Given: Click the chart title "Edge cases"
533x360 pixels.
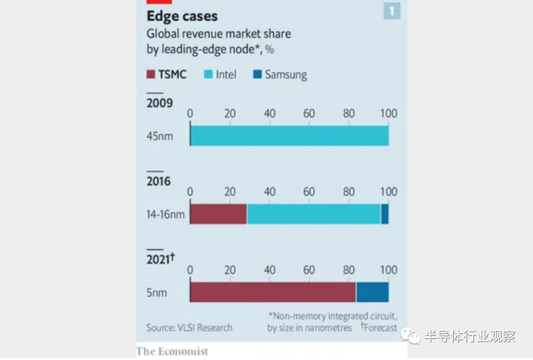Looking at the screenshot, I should (182, 16).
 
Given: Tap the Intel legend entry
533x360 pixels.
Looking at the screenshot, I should (220, 74).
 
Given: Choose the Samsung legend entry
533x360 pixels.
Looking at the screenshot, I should (279, 75).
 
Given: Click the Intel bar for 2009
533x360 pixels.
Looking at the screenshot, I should (289, 136).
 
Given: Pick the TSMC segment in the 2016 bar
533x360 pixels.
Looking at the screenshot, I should (218, 214).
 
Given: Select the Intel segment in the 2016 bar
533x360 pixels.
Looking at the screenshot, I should (313, 214).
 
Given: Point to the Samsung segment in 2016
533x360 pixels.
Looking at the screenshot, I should (384, 214).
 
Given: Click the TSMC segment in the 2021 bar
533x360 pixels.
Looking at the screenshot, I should (273, 292).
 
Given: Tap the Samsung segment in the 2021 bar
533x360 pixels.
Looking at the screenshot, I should (372, 292).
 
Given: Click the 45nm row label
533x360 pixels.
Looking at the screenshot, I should (160, 136).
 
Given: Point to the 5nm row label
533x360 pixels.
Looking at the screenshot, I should (156, 293).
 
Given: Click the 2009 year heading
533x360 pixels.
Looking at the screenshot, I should (159, 103).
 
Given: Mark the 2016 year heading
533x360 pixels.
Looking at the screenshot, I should (158, 181).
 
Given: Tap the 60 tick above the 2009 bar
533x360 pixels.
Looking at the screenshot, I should (309, 113).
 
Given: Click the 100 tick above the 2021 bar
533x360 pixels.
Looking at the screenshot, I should (388, 270).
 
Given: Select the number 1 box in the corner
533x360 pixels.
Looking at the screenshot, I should (392, 11).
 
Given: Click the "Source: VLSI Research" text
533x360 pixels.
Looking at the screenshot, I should (189, 327).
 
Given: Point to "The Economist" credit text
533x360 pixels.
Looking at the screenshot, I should (172, 351).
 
